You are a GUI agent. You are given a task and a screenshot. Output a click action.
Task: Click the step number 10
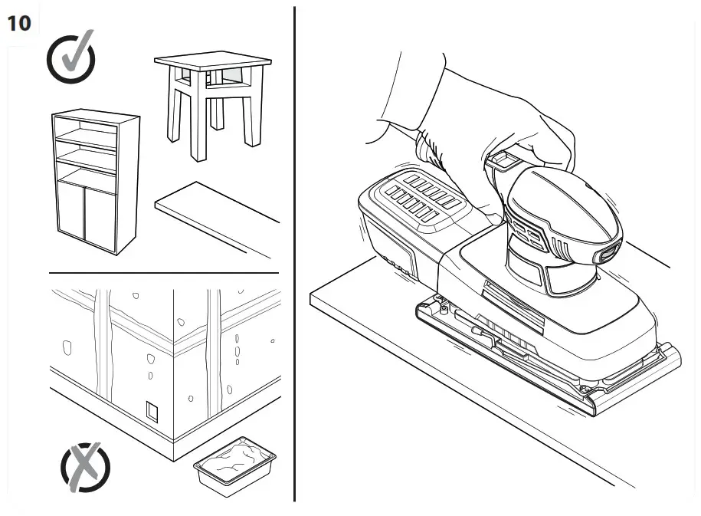(19, 24)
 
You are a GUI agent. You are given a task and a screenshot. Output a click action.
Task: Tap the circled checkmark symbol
(70, 58)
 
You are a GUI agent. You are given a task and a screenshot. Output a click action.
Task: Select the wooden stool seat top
(212, 61)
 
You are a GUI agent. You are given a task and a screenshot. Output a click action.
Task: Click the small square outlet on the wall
(153, 411)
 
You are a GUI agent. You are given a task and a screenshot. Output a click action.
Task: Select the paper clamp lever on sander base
(483, 335)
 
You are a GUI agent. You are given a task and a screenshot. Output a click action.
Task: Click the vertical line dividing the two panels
(294, 253)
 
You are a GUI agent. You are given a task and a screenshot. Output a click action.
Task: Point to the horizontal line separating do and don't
(163, 273)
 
